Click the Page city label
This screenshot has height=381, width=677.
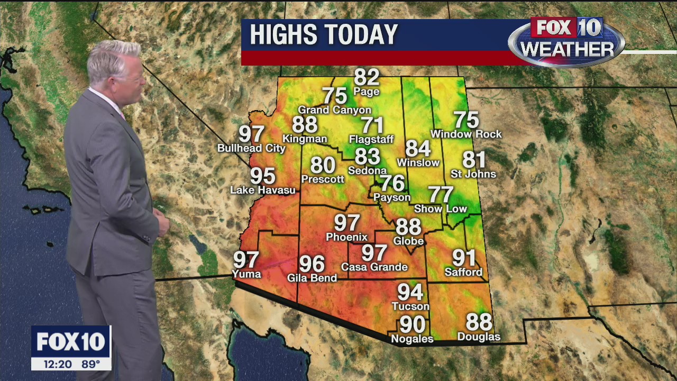(x=367, y=92)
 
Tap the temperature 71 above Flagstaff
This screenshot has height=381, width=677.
(x=372, y=126)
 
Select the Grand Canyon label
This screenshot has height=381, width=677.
(x=334, y=110)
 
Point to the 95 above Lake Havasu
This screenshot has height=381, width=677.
(x=263, y=176)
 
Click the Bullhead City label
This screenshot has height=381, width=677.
(x=251, y=148)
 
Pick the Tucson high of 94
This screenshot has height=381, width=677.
(x=410, y=292)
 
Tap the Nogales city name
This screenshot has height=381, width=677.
(x=412, y=339)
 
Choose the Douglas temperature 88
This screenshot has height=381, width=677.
(x=479, y=322)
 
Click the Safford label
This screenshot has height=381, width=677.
(x=463, y=273)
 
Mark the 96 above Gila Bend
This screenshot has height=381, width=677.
(x=312, y=264)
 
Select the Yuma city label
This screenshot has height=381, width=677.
(x=246, y=274)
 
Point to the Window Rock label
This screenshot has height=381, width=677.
(x=466, y=134)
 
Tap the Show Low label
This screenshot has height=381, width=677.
(x=441, y=209)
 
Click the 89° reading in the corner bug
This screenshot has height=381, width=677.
(x=90, y=364)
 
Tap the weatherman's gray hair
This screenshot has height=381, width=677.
(x=113, y=58)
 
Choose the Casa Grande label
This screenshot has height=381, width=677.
(x=374, y=267)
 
